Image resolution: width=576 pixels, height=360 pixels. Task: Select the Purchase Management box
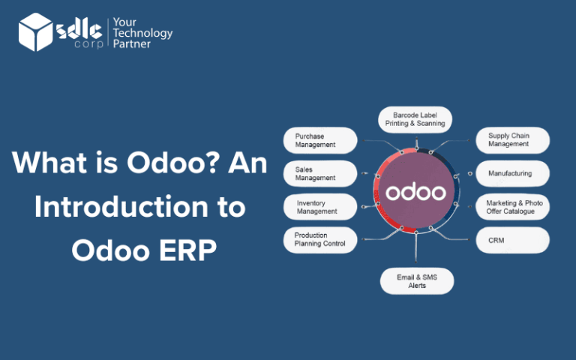click(319, 140)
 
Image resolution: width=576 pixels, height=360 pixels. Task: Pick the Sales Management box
click(319, 173)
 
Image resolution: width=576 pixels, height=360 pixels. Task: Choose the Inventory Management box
click(319, 207)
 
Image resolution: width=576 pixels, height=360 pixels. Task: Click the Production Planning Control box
click(319, 240)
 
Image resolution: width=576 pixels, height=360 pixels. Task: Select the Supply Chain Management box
click(513, 140)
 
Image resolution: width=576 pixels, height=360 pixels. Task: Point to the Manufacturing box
click(513, 173)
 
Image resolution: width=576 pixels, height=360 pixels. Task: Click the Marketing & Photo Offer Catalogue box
click(513, 207)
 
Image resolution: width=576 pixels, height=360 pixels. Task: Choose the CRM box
click(513, 240)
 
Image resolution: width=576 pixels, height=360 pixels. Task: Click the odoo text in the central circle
click(415, 192)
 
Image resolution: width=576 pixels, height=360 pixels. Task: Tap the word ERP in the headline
click(190, 250)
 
